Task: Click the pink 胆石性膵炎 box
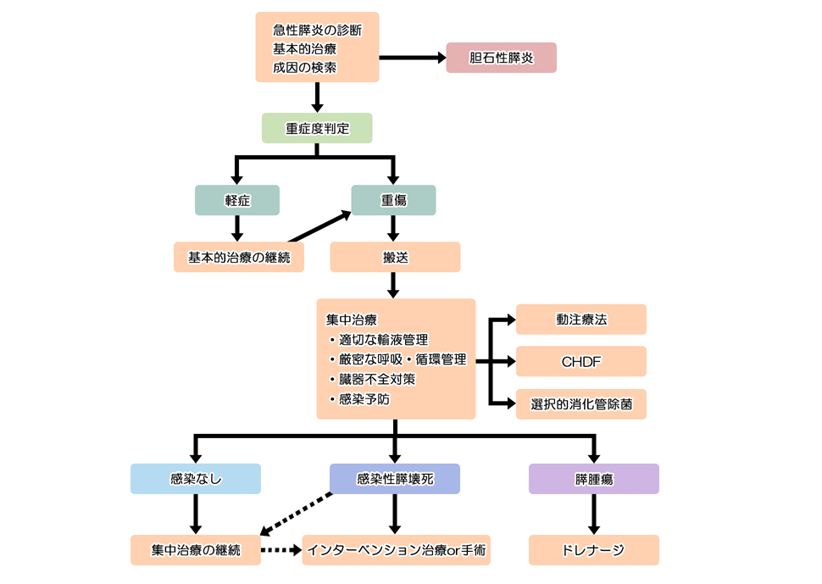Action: (x=501, y=58)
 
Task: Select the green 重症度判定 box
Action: (x=317, y=128)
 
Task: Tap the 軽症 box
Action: (x=236, y=200)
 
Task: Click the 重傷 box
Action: (x=394, y=200)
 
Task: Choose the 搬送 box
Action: (x=395, y=257)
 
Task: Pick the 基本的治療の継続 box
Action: (x=238, y=257)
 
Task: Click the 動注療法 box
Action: (x=580, y=320)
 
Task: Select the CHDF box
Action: (x=580, y=361)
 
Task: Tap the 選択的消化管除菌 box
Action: (x=580, y=403)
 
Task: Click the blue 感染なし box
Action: (x=195, y=479)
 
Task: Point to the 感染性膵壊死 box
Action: (x=395, y=479)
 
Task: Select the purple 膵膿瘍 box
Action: (x=593, y=479)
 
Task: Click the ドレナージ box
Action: (x=593, y=550)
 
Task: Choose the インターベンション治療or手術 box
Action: (x=395, y=550)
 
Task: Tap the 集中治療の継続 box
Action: (x=195, y=550)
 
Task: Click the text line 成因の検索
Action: (x=304, y=67)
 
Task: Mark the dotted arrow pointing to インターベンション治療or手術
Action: (x=280, y=550)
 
